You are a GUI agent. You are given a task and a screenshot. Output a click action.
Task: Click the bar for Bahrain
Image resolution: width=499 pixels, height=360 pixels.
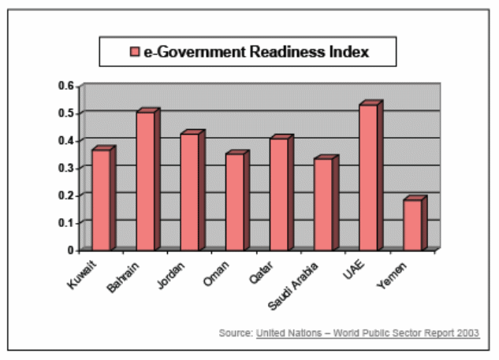click(x=145, y=181)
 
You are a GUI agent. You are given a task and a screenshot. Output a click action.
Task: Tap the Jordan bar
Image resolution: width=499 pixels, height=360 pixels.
click(x=189, y=192)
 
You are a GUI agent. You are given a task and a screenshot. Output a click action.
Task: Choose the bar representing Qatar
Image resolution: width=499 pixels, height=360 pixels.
click(x=278, y=195)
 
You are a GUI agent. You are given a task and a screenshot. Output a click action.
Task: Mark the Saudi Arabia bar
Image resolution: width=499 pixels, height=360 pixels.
click(x=323, y=204)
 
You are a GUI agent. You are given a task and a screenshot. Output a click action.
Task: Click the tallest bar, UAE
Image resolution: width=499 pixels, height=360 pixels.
click(x=367, y=177)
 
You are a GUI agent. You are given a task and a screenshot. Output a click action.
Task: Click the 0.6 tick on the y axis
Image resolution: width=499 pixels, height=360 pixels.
click(x=69, y=85)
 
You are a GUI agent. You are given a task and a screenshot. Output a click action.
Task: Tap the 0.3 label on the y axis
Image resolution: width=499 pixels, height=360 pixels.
click(x=69, y=168)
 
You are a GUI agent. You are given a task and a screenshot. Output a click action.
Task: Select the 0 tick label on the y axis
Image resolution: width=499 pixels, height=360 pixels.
click(x=72, y=250)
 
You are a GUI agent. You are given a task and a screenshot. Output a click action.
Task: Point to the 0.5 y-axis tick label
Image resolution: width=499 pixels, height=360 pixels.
click(x=69, y=113)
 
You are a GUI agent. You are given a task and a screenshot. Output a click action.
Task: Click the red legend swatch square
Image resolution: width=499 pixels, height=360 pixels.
click(x=135, y=52)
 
